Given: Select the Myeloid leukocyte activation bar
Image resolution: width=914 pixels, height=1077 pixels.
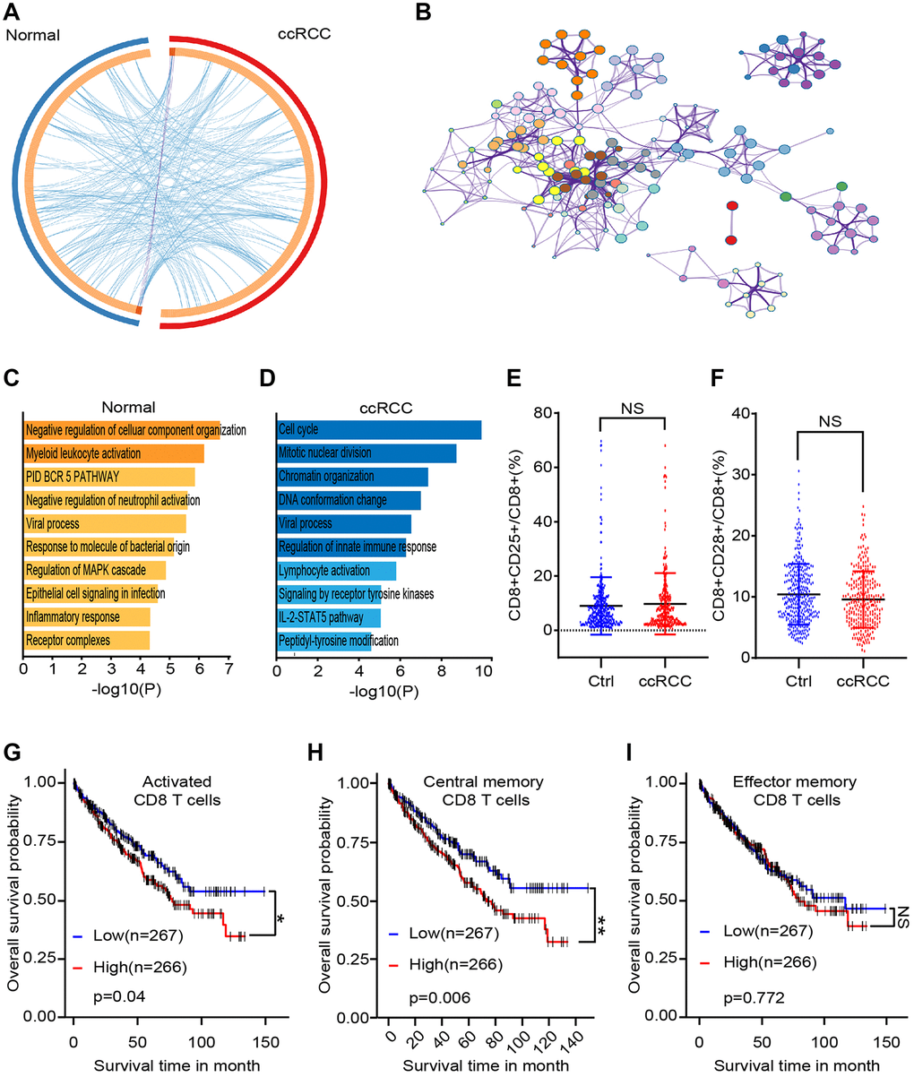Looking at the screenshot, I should tap(113, 453).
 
